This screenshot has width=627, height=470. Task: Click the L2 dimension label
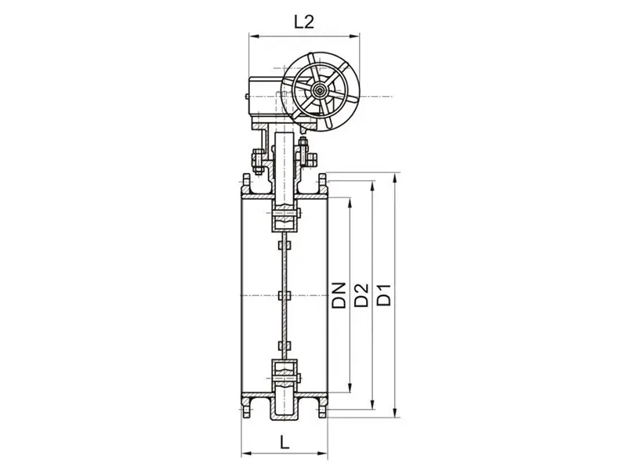click(x=304, y=22)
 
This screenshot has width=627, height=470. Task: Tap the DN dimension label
click(x=339, y=295)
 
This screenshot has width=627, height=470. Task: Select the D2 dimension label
click(x=362, y=295)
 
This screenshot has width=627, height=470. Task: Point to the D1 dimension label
click(x=384, y=295)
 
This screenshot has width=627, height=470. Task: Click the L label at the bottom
click(x=285, y=443)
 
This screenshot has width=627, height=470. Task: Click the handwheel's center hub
click(x=320, y=90)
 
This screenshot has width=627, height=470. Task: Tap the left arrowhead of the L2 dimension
click(x=254, y=36)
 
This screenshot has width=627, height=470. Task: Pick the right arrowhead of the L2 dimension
click(x=354, y=36)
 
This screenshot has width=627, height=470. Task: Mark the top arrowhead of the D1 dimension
click(x=395, y=178)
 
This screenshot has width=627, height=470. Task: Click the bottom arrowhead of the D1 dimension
click(x=395, y=413)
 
